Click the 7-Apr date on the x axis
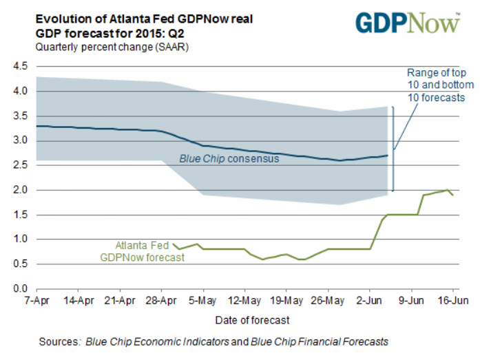pos(36,301)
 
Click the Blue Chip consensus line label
pos(229,159)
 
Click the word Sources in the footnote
pos(57,341)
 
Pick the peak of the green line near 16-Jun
pos(448,190)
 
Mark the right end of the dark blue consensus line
pos(388,156)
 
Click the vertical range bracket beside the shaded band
pos(393,149)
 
